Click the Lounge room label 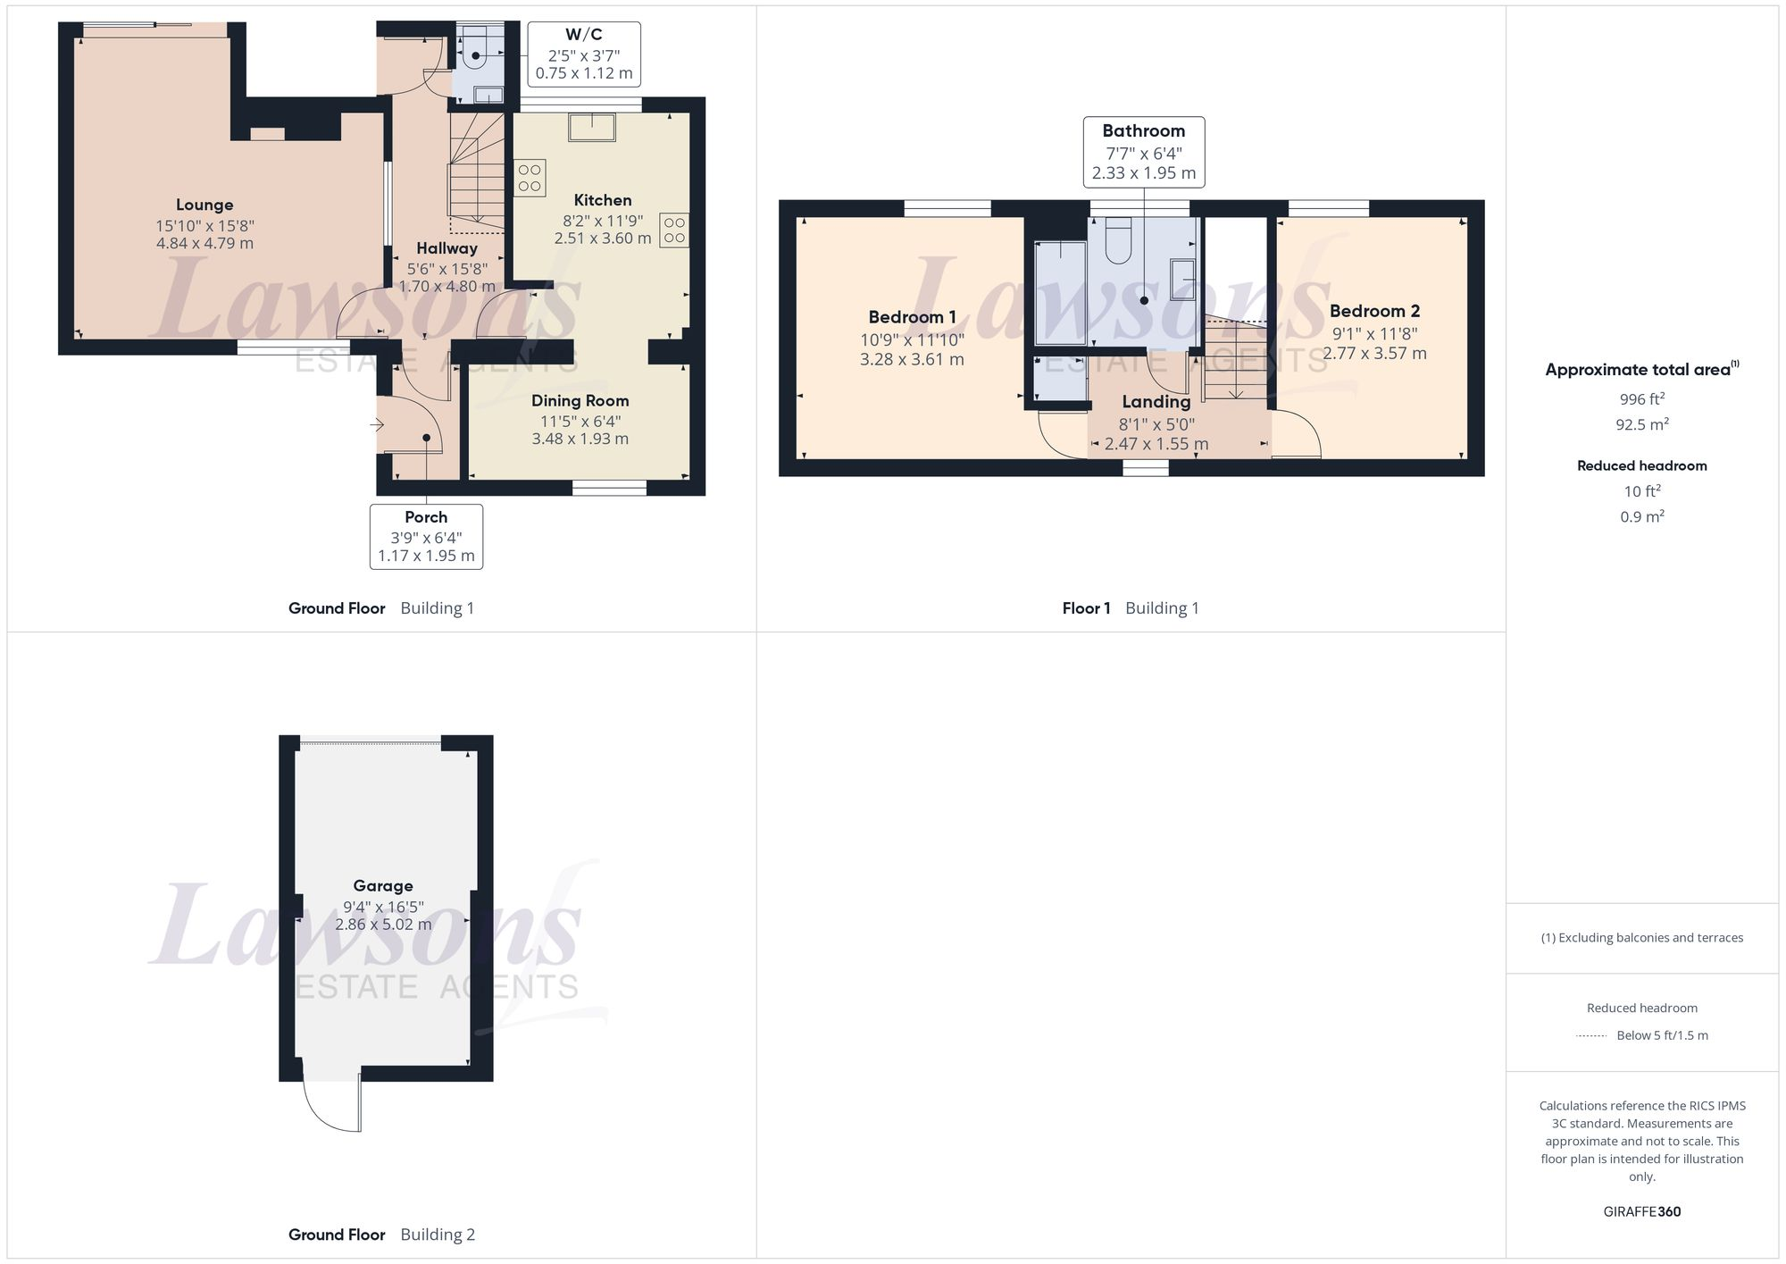pos(204,205)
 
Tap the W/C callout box pos(584,54)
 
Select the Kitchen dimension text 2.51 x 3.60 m pos(603,239)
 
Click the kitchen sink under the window pos(592,127)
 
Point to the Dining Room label pos(580,401)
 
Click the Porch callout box pos(426,536)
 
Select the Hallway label pos(446,248)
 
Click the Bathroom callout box pos(1143,152)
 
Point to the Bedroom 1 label pos(912,317)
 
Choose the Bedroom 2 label pos(1374,312)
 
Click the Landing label pos(1156,402)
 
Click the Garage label pos(383,886)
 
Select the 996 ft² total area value pos(1641,399)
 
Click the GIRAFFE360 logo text pos(1641,1212)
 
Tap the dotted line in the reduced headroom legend pos(1591,1036)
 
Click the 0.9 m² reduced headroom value pos(1641,517)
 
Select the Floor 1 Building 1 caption pos(1131,608)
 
